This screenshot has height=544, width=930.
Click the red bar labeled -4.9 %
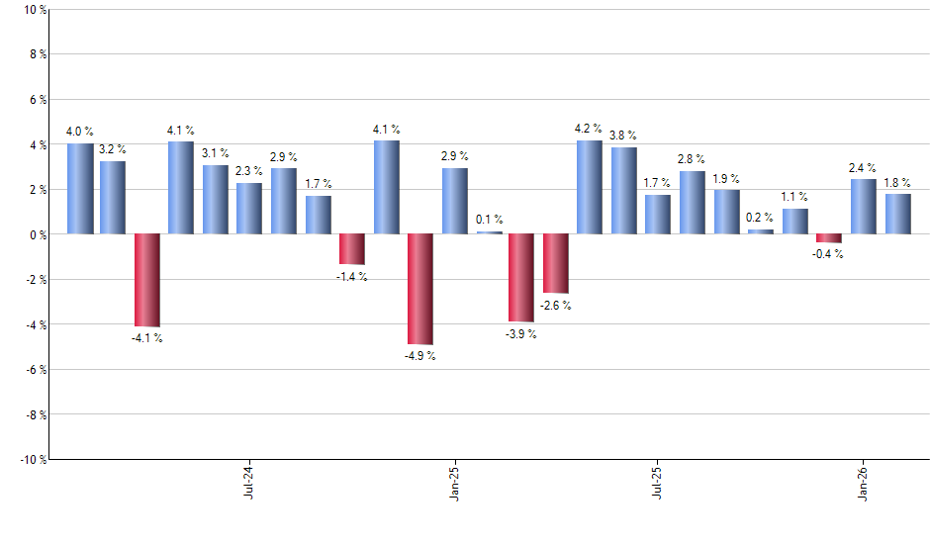[420, 289]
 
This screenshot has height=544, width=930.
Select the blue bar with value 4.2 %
[590, 187]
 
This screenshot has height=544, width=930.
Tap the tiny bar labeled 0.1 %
[489, 232]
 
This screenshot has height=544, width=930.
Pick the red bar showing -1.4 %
[352, 249]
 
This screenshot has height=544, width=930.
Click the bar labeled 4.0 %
[80, 189]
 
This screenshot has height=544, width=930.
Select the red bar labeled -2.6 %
[556, 263]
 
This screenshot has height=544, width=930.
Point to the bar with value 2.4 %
[863, 207]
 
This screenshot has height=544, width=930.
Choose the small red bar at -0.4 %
[829, 238]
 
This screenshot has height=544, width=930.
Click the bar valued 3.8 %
[623, 191]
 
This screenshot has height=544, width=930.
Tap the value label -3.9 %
[521, 334]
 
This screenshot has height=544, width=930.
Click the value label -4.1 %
[147, 338]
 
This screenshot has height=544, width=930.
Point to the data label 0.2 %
[760, 218]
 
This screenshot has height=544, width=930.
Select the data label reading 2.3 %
[249, 171]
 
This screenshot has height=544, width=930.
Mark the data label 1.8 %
[897, 182]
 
